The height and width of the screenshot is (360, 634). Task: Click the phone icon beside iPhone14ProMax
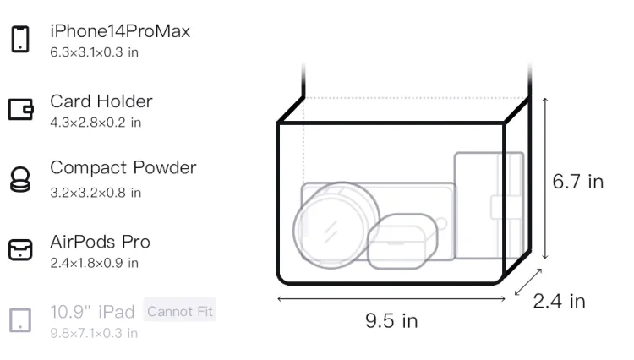point(20,39)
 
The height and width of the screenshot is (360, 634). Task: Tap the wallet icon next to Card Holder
point(20,109)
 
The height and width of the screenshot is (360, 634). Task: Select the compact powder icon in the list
point(19,179)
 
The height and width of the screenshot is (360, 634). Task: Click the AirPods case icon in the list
point(20,249)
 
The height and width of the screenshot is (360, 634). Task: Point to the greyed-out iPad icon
point(20,320)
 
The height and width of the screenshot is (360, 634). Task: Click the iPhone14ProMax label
point(120,31)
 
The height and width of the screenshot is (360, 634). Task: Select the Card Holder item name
point(101,101)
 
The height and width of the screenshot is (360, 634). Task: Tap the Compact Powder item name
point(123,167)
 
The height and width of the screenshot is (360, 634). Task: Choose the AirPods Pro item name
point(100,242)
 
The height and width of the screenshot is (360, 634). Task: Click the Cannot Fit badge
point(179,311)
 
